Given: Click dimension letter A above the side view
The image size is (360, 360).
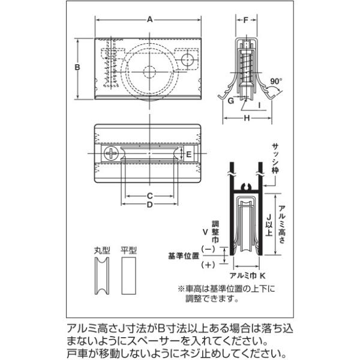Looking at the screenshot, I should click(149, 19).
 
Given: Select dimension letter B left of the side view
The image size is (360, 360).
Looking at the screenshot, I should click(77, 67).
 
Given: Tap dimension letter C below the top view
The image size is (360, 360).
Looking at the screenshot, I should click(150, 196).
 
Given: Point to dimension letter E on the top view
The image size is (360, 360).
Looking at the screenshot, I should click(188, 154).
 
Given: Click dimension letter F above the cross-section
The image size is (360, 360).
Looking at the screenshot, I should click(246, 20).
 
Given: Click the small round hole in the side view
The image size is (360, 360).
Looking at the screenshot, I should click(188, 59).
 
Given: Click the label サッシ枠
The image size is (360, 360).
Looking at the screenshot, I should click(276, 157).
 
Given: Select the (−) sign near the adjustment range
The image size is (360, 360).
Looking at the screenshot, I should click(209, 248).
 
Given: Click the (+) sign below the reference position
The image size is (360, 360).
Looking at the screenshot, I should click(209, 264).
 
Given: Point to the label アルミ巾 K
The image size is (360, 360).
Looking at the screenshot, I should click(244, 274).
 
